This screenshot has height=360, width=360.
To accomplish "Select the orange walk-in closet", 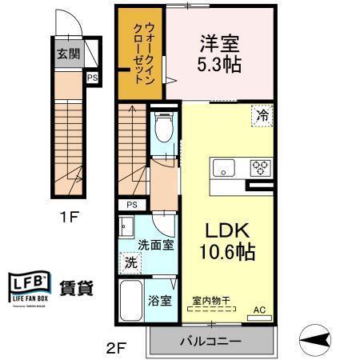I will (x=140, y=52).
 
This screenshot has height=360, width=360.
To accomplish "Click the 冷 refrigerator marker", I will (x=262, y=115).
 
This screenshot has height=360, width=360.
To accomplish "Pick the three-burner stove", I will (x=260, y=168).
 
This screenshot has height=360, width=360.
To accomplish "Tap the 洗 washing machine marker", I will (x=130, y=262).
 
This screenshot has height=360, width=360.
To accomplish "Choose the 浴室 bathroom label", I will (x=160, y=302).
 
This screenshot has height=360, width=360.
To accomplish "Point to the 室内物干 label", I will (x=212, y=302).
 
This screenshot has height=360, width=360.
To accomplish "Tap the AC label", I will (x=259, y=309).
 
